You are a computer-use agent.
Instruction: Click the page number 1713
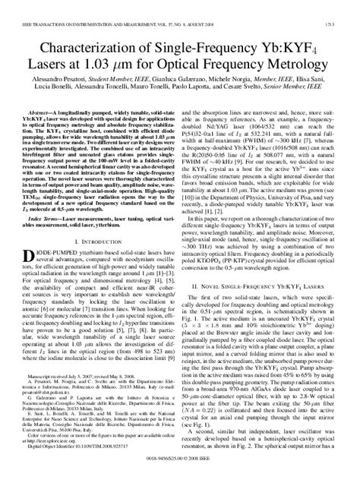(x=346, y=5)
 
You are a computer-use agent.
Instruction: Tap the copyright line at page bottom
(x=179, y=474)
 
